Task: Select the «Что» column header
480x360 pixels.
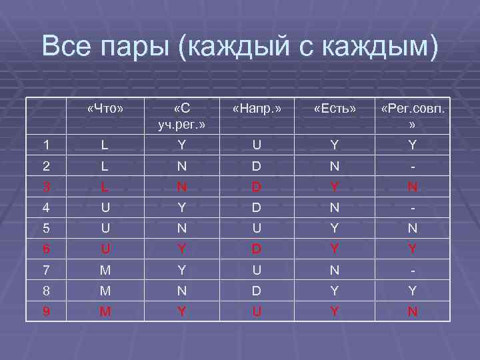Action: [x=105, y=107]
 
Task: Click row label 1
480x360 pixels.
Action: [x=45, y=145]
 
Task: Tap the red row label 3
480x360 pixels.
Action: [x=45, y=187]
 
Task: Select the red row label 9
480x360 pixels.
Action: [x=45, y=311]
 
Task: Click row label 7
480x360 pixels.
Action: [x=45, y=269]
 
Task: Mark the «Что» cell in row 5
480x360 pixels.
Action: [x=105, y=228]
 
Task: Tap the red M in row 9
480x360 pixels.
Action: [x=105, y=311]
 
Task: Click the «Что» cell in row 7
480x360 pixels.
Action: [x=105, y=269]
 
